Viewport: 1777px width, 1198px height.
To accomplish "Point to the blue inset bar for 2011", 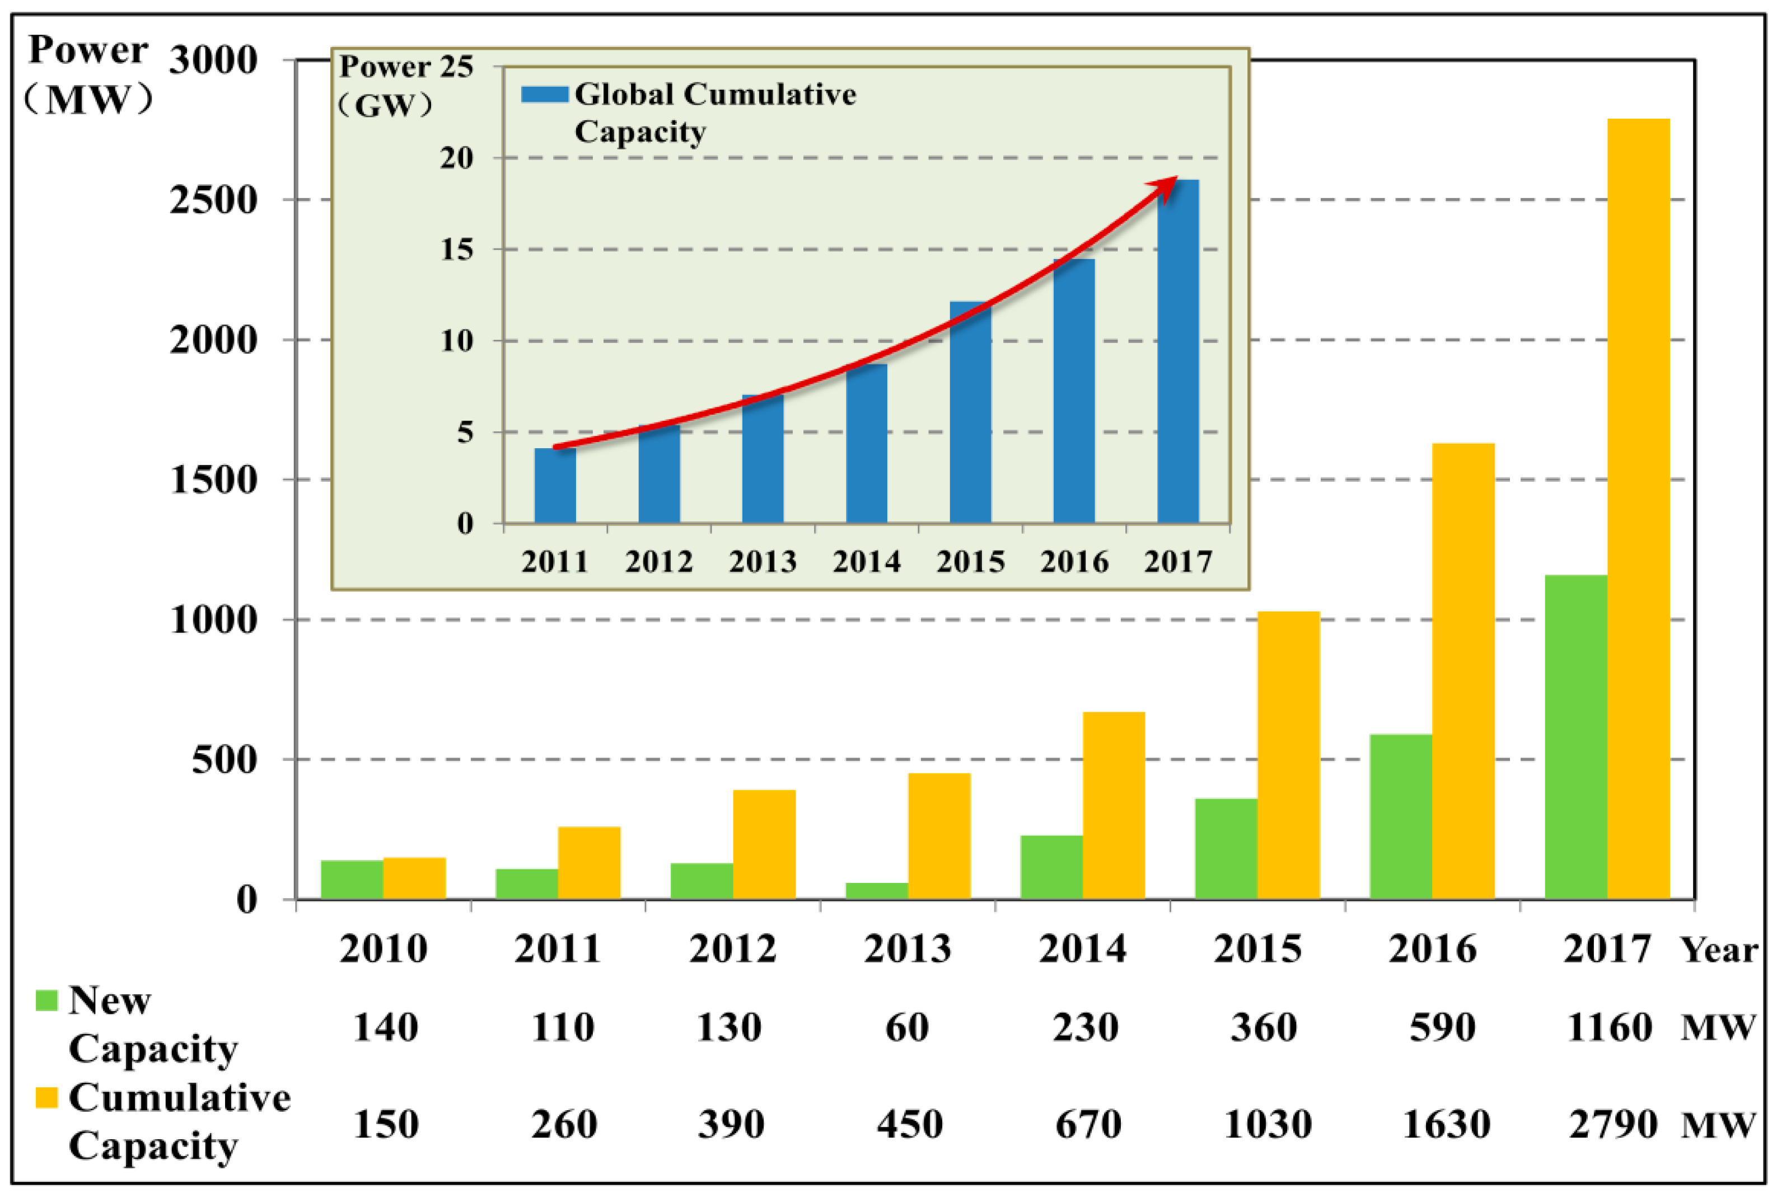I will (x=555, y=486).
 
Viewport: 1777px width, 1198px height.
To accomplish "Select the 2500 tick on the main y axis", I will (x=213, y=200).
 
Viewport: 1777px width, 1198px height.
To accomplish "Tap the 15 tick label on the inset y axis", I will (x=456, y=250).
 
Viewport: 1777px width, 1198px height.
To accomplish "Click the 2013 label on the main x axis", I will (x=907, y=950).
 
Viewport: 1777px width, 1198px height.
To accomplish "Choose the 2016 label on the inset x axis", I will (x=1073, y=562).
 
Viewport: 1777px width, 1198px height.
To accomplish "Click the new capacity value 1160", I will (x=1609, y=1028).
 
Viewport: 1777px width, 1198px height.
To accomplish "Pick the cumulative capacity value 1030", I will (x=1267, y=1125).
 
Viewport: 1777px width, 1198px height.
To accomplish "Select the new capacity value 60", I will (x=906, y=1028).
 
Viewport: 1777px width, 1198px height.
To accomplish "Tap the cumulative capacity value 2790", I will (x=1612, y=1125).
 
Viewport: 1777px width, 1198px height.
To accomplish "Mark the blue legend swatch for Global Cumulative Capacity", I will (x=544, y=95).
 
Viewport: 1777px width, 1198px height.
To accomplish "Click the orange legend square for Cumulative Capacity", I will (x=46, y=1098).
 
